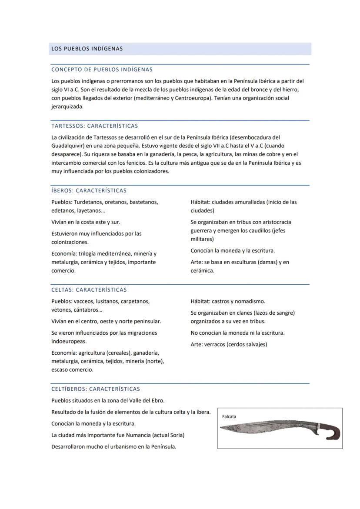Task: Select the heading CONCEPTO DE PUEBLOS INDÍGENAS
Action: click(102, 70)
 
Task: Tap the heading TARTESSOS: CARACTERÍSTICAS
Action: click(94, 126)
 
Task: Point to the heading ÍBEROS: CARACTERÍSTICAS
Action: click(89, 190)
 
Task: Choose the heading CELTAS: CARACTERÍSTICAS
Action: click(89, 290)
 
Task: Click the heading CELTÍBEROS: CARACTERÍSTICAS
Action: click(96, 389)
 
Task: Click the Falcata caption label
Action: click(229, 416)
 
